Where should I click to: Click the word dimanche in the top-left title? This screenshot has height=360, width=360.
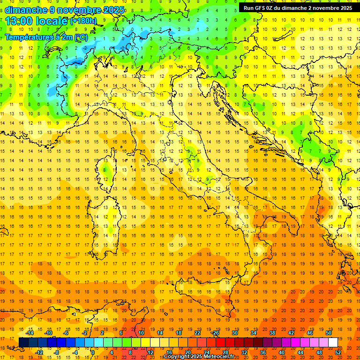coord(26,10)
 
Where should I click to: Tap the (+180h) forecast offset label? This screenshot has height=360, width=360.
coord(83,21)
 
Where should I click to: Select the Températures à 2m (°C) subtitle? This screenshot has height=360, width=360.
coord(46,37)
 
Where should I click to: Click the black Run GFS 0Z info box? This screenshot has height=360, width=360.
coord(298,8)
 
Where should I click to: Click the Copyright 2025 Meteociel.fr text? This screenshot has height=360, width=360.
coord(199,357)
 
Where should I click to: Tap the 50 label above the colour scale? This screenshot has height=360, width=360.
coord(329,333)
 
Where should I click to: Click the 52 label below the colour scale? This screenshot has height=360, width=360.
coord(338,352)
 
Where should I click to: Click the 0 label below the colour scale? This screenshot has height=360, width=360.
coord(93,352)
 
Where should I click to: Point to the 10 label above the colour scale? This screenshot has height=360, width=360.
coord(141,333)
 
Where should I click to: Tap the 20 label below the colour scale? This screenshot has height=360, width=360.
coord(187,352)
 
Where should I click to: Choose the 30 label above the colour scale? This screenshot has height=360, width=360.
coord(235,333)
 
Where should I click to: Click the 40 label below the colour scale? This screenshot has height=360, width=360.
coord(281,352)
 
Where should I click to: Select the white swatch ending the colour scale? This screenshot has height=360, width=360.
coord(333,343)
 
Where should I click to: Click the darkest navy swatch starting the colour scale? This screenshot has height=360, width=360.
coord(23,343)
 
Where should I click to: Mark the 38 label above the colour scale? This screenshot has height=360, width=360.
coord(272,333)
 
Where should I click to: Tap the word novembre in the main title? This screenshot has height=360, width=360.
coord(77,10)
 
